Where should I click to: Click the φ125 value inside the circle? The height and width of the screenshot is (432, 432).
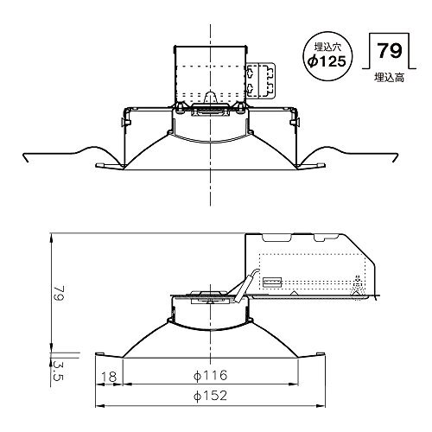point(327,61)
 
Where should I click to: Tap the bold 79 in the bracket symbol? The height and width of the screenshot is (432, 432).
point(389,51)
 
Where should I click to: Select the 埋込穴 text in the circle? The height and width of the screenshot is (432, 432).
point(327,47)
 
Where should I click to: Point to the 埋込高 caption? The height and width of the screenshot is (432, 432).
point(389,78)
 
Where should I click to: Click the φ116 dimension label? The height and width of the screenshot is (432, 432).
point(210,375)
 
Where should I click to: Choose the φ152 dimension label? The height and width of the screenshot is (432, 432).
point(210,396)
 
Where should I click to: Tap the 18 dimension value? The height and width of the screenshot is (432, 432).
point(109,376)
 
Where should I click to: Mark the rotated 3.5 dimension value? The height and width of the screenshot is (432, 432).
point(58,370)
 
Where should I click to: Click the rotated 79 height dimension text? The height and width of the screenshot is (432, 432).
point(59,294)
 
